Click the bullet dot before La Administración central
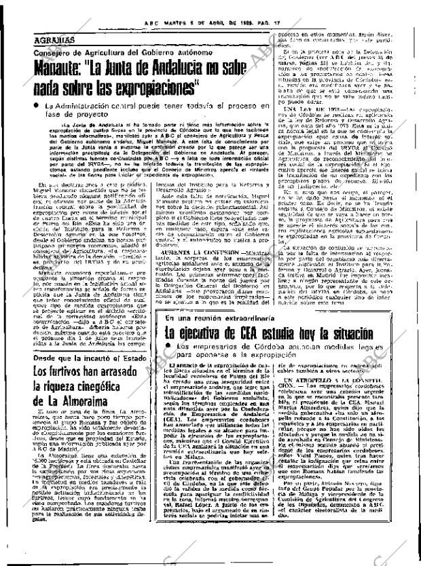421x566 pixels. (37, 107)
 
